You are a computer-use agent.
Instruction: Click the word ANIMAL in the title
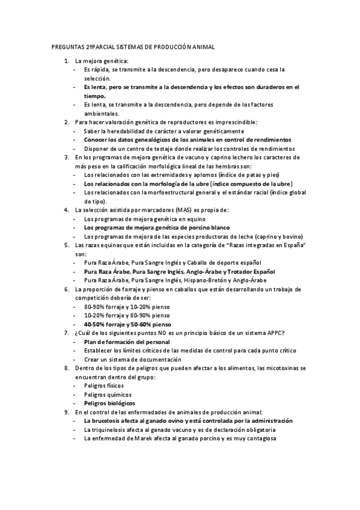coord(201,46)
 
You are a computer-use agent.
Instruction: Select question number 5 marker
coord(66,246)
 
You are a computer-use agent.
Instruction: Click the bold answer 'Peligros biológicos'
coord(110,402)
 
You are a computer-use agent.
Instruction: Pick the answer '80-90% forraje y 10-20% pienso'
coord(127,306)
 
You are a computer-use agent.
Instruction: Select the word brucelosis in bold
coord(108,421)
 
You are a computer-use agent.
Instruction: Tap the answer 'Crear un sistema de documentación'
coord(129,359)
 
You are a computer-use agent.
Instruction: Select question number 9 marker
coord(66,412)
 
